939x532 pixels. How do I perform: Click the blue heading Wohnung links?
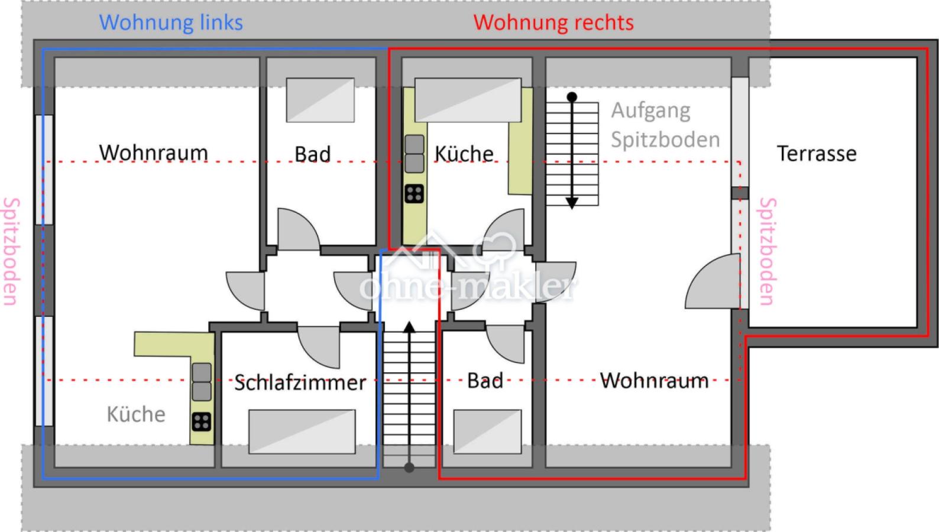click(x=171, y=22)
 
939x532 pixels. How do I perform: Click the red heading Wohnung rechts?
click(x=553, y=22)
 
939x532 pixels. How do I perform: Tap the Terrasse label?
click(x=817, y=154)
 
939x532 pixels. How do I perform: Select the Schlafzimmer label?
click(x=300, y=382)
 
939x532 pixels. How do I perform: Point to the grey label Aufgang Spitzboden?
click(x=665, y=125)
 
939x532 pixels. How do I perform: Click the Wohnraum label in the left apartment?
click(x=153, y=153)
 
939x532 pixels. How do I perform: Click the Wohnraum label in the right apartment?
click(x=654, y=380)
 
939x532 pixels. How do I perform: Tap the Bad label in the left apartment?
click(x=312, y=154)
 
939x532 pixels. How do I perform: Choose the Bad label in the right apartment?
click(x=485, y=381)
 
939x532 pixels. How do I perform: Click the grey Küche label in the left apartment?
click(x=136, y=414)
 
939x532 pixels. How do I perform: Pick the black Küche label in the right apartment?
click(x=464, y=154)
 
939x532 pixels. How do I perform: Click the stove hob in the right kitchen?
click(x=415, y=193)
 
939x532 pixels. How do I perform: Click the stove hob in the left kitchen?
click(x=202, y=421)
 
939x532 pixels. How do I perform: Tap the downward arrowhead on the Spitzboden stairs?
click(x=572, y=203)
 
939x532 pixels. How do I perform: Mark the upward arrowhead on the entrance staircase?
click(x=409, y=327)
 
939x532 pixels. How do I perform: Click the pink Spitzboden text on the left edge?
click(x=11, y=251)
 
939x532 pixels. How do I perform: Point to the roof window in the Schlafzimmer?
click(x=302, y=432)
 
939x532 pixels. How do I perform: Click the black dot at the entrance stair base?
click(x=409, y=468)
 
